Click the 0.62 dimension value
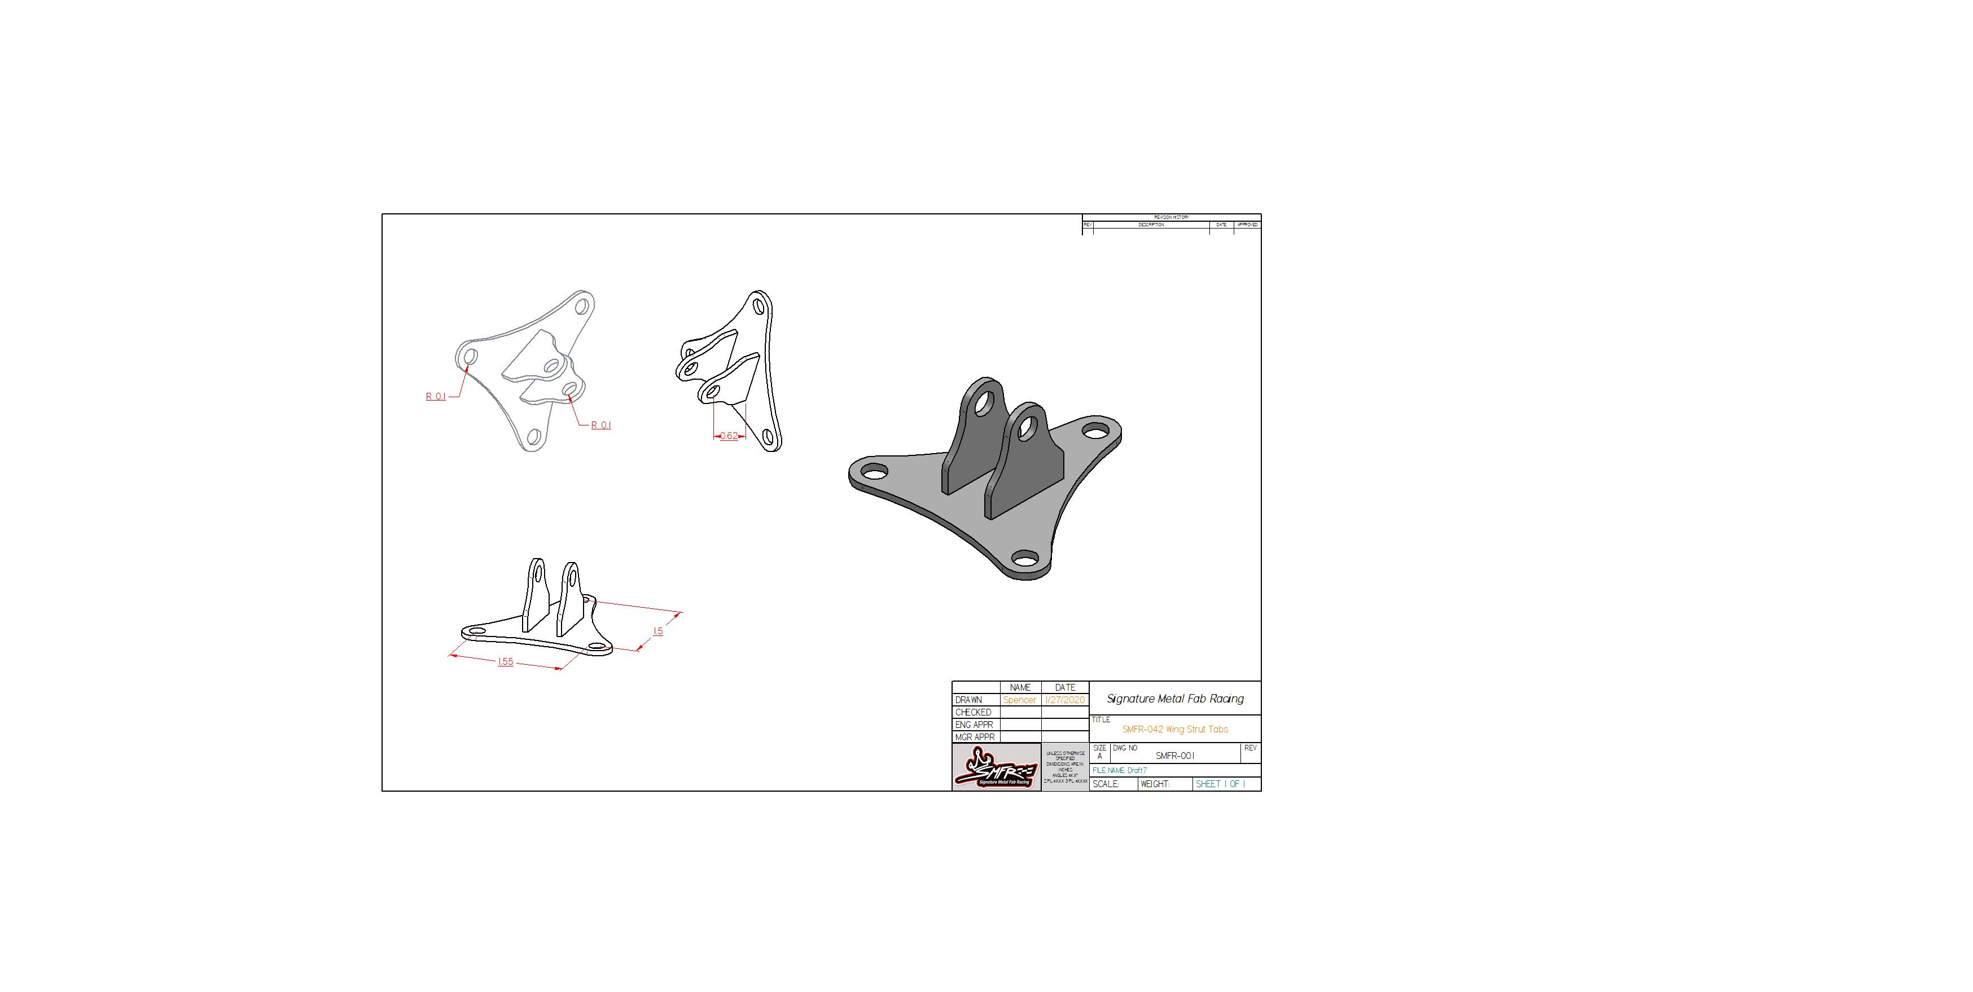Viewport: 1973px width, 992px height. [x=729, y=436]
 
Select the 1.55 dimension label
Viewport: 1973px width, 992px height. [x=506, y=661]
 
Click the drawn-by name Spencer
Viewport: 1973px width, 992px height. [x=1019, y=700]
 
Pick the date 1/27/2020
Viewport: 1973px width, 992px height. [x=1064, y=700]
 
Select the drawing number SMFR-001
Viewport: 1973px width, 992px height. [x=1175, y=756]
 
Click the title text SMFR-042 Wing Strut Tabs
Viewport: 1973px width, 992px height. [x=1175, y=729]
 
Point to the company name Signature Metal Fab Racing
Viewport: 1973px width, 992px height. [x=1175, y=699]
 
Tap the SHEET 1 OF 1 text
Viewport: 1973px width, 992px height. [x=1220, y=784]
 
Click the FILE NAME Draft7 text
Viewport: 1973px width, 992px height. [x=1119, y=771]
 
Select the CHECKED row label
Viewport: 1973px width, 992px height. [x=973, y=713]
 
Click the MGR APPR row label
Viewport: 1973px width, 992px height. [x=974, y=737]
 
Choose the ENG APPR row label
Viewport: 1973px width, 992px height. [x=974, y=725]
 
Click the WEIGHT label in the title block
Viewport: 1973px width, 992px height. [x=1155, y=784]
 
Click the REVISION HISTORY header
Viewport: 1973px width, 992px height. [x=1171, y=218]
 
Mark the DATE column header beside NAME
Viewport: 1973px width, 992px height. [x=1064, y=688]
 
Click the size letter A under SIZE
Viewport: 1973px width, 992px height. [x=1100, y=757]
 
